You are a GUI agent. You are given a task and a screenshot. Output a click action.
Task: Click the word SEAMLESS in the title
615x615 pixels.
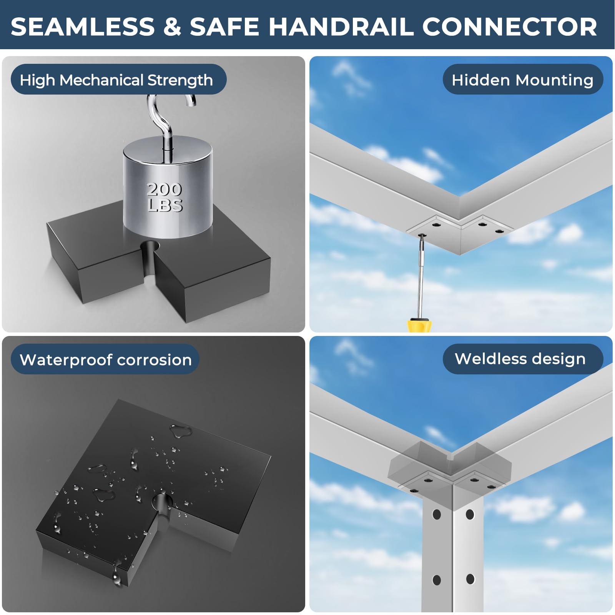(83, 27)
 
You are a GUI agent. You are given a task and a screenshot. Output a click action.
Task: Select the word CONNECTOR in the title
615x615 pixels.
(509, 27)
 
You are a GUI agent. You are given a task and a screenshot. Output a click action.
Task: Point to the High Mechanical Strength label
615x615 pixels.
(118, 79)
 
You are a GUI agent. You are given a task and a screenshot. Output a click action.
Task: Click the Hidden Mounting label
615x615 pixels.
(523, 79)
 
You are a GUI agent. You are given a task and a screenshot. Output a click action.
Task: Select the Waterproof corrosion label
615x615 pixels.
(105, 359)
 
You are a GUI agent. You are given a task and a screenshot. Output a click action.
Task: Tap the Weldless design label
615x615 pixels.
(523, 359)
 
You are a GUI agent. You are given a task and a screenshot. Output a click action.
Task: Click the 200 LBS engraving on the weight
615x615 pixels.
(165, 197)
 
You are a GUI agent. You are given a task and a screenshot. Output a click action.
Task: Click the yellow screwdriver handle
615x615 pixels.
(419, 325)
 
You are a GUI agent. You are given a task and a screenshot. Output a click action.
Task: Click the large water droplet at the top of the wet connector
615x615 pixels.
(181, 431)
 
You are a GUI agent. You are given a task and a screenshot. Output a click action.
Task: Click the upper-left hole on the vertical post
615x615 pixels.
(437, 514)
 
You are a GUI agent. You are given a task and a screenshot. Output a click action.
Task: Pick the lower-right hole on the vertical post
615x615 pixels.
(470, 579)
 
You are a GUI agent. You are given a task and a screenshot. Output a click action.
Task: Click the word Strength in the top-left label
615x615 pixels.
(180, 80)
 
